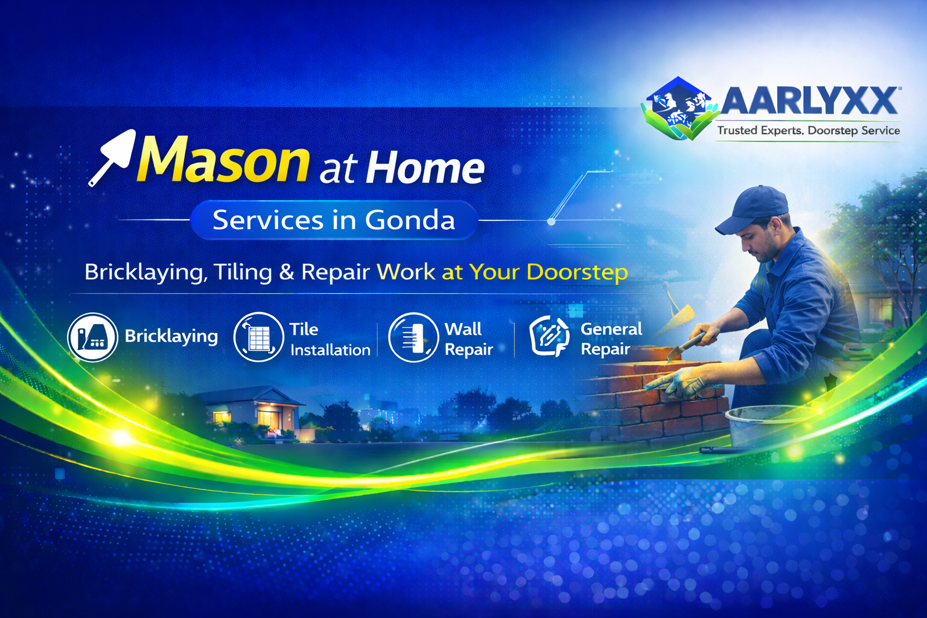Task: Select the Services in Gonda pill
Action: pos(334,220)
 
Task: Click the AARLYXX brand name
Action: pos(809,101)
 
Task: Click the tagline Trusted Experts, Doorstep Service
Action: pos(808,131)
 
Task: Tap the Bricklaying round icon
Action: pos(93,337)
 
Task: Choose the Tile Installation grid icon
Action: pos(259,337)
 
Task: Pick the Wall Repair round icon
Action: pos(413,337)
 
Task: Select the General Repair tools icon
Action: pos(550,336)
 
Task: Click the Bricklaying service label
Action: pos(171,337)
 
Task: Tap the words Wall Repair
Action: pos(468,339)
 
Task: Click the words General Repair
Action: pos(611,339)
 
